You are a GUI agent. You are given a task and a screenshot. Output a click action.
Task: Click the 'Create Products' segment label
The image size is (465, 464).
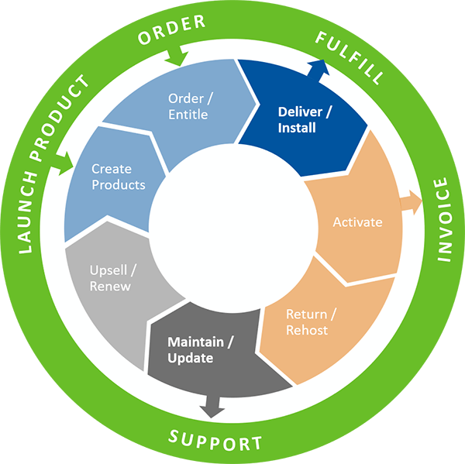pyautogui.click(x=118, y=177)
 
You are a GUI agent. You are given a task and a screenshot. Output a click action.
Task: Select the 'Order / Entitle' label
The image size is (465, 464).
pyautogui.click(x=188, y=106)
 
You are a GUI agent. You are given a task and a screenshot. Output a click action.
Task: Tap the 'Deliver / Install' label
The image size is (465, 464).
pyautogui.click(x=305, y=119)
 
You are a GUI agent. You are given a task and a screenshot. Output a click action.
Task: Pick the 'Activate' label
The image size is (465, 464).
pyautogui.click(x=357, y=222)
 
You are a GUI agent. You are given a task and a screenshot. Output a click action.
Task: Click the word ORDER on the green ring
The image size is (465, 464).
pyautogui.click(x=171, y=28)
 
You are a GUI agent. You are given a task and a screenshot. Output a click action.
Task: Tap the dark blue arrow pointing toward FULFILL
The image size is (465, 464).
pyautogui.click(x=321, y=68)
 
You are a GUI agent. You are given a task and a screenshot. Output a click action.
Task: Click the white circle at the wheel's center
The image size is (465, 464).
pyautogui.click(x=232, y=232)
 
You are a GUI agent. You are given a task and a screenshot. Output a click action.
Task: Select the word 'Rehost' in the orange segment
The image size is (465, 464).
pyautogui.click(x=307, y=330)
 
